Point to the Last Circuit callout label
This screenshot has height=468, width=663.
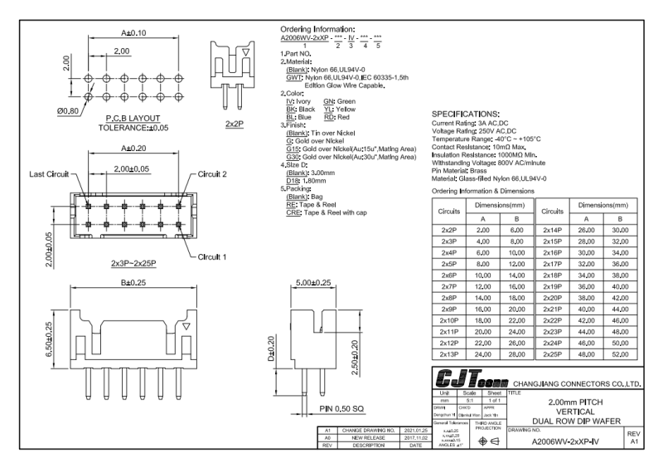point(48,174)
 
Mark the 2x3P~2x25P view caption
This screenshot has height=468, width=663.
point(133,263)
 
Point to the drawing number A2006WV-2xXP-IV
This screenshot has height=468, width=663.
point(567,441)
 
